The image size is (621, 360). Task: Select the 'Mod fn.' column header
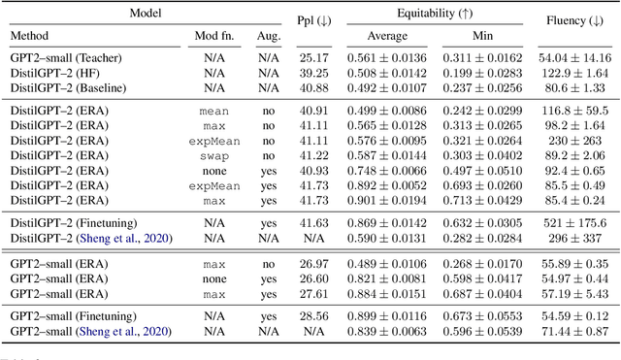pos(213,35)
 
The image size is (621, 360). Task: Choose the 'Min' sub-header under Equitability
pos(497,35)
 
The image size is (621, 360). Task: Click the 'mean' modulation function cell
pos(213,112)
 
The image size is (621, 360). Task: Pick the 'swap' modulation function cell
pos(213,154)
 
